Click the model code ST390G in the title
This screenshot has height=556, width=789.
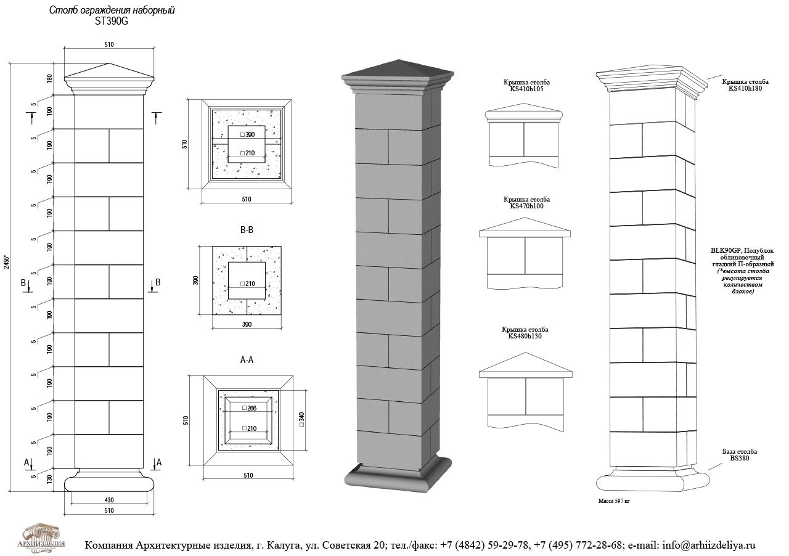click(x=111, y=21)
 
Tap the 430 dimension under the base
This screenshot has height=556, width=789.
click(x=109, y=499)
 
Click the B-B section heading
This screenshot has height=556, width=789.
click(x=247, y=230)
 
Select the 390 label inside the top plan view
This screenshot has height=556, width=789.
click(x=250, y=134)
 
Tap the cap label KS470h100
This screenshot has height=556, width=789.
click(x=525, y=206)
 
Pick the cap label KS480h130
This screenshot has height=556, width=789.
click(x=525, y=336)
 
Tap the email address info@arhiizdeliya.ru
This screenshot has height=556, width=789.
click(x=708, y=545)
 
